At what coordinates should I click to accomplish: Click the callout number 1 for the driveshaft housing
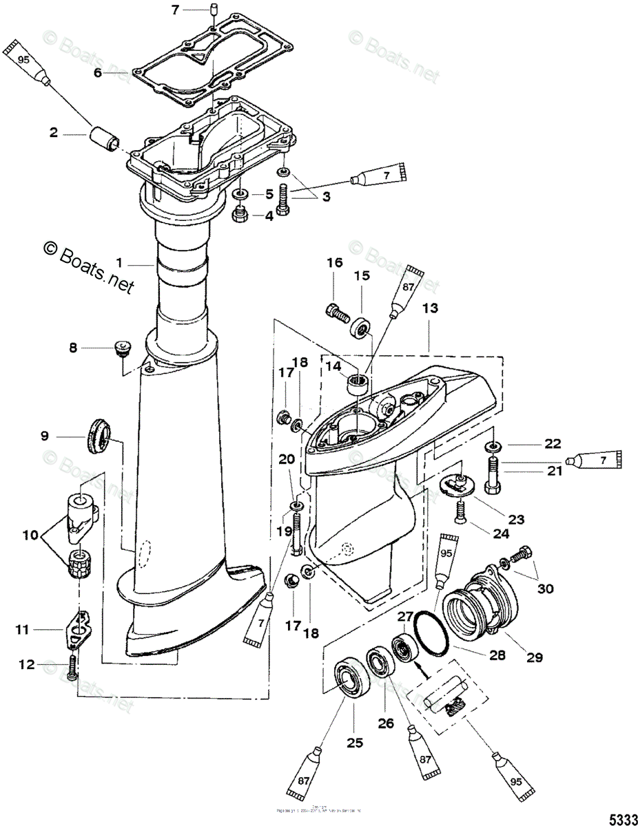[x=120, y=262]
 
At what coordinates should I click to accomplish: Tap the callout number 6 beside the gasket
[x=98, y=72]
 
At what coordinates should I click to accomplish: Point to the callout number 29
[x=535, y=657]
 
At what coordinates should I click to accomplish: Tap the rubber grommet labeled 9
[x=98, y=435]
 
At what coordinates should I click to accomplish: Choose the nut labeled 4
[x=241, y=215]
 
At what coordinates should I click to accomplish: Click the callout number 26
[x=385, y=723]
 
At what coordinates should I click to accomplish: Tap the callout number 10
[x=32, y=535]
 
